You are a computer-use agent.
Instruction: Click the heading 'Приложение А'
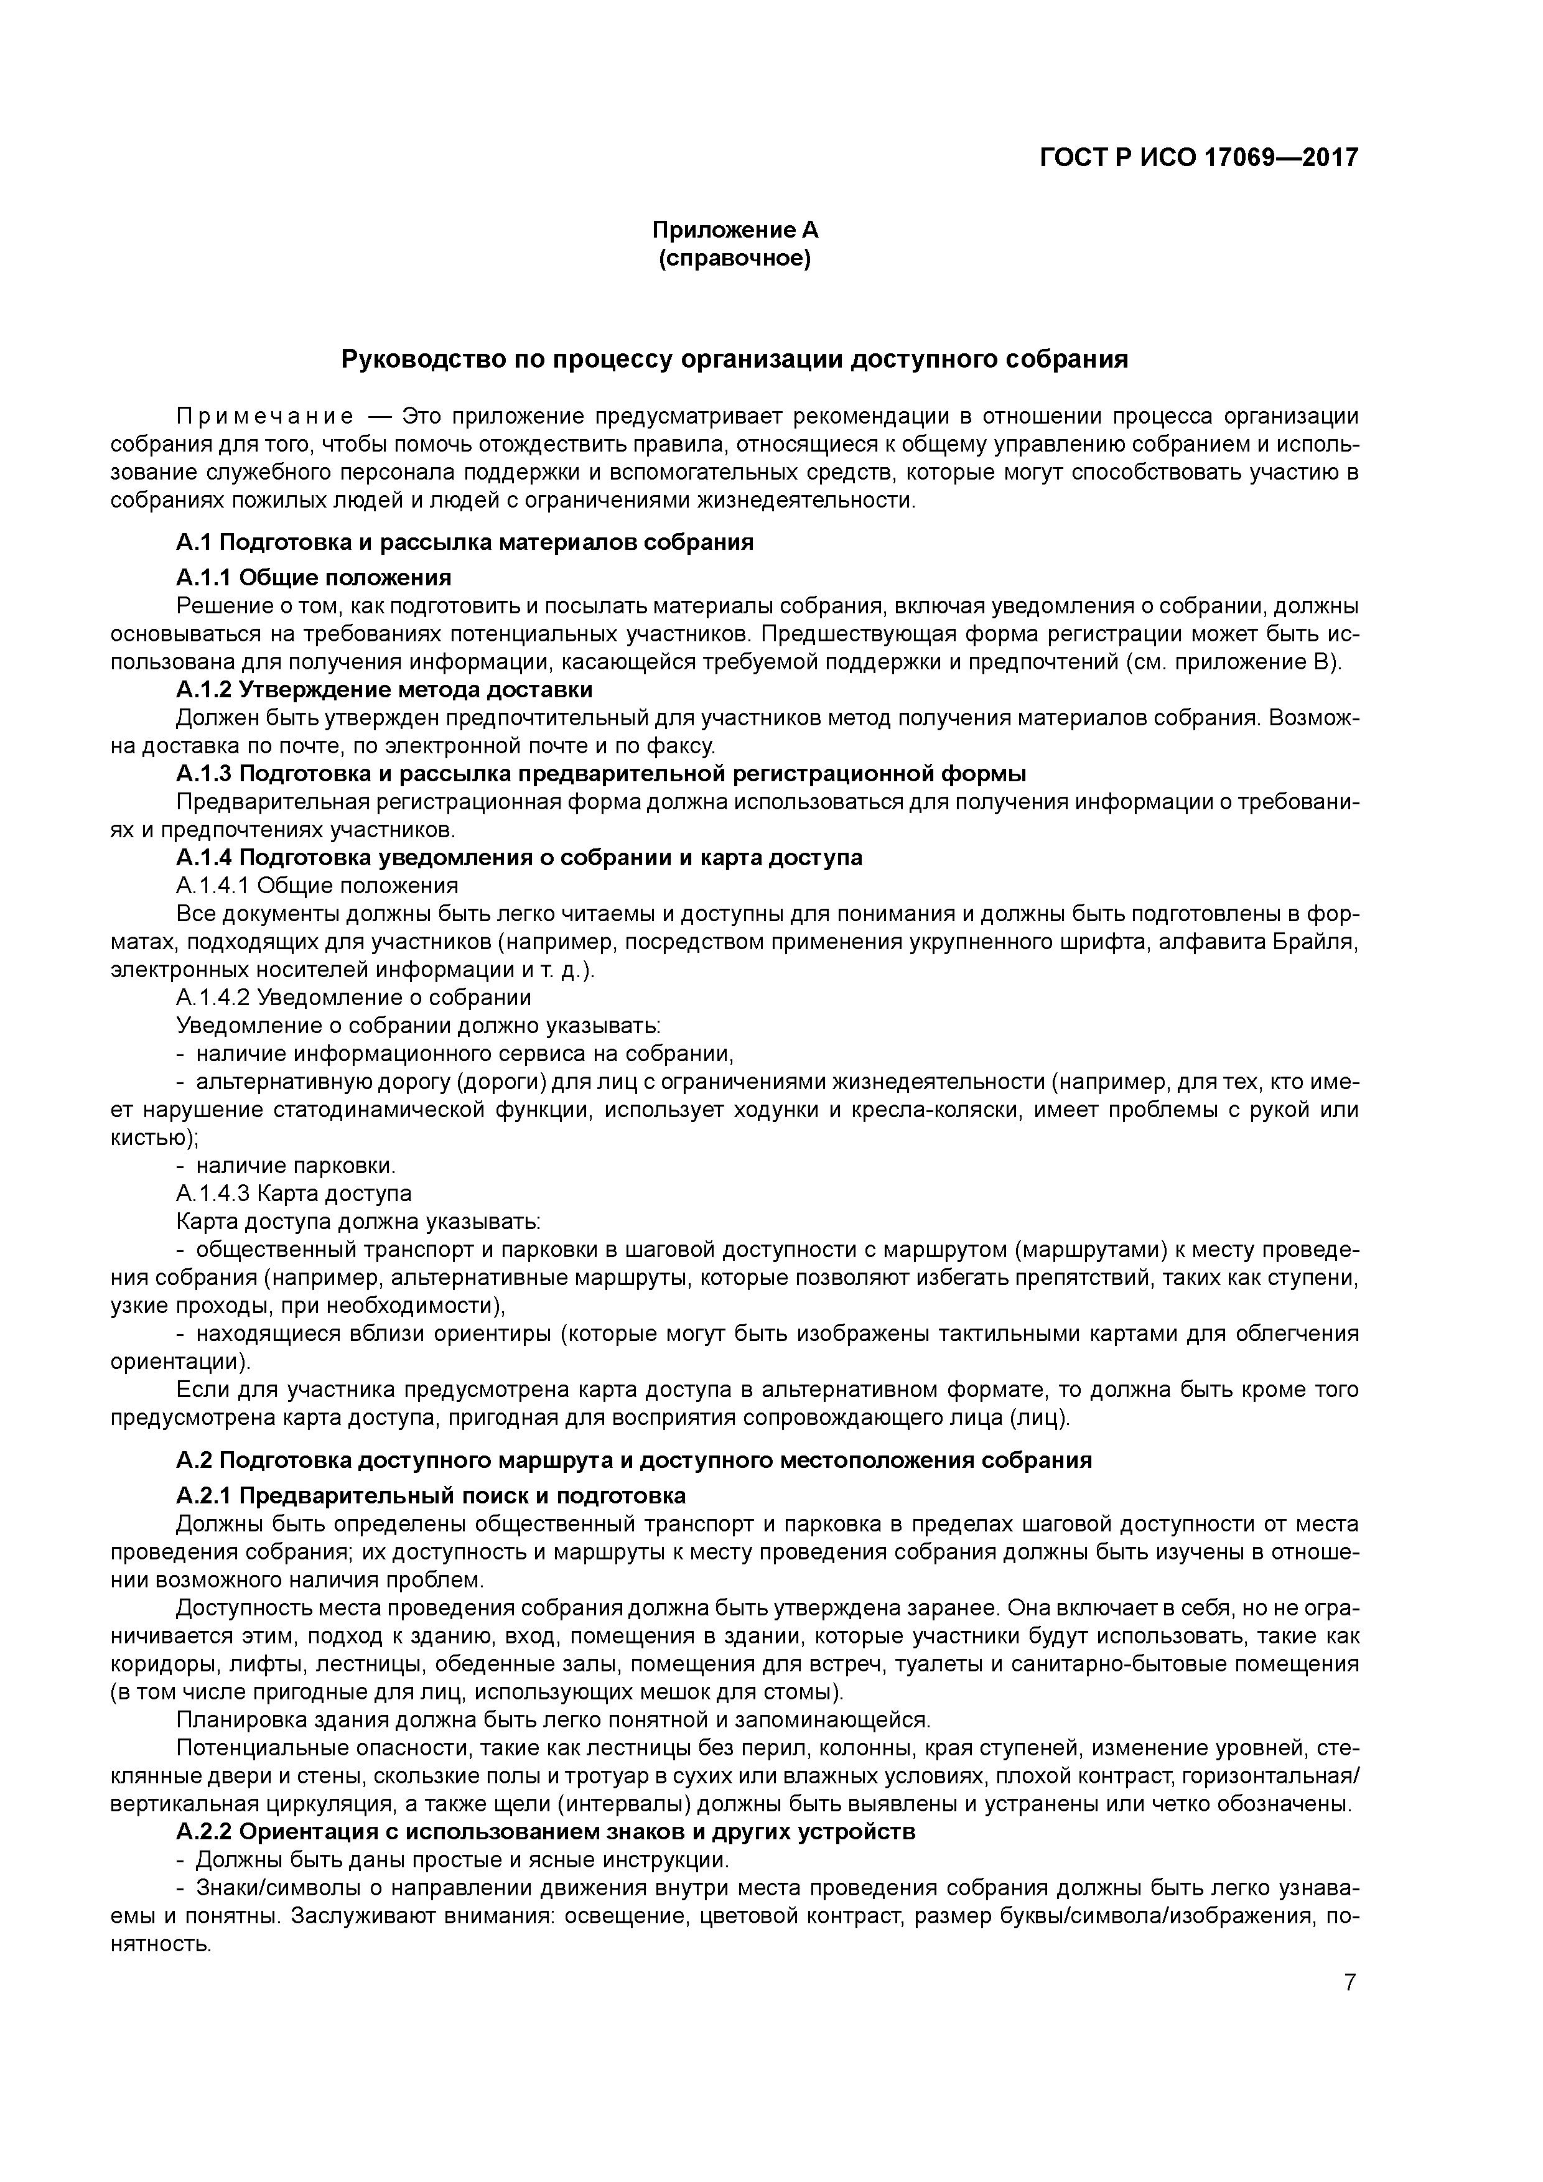[x=734, y=230]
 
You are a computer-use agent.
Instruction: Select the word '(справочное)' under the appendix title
[x=734, y=259]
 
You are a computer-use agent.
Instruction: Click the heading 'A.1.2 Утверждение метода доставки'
[x=384, y=689]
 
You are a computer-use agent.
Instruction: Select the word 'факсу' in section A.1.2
[x=683, y=745]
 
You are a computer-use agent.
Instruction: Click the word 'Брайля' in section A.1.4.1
[x=1318, y=942]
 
